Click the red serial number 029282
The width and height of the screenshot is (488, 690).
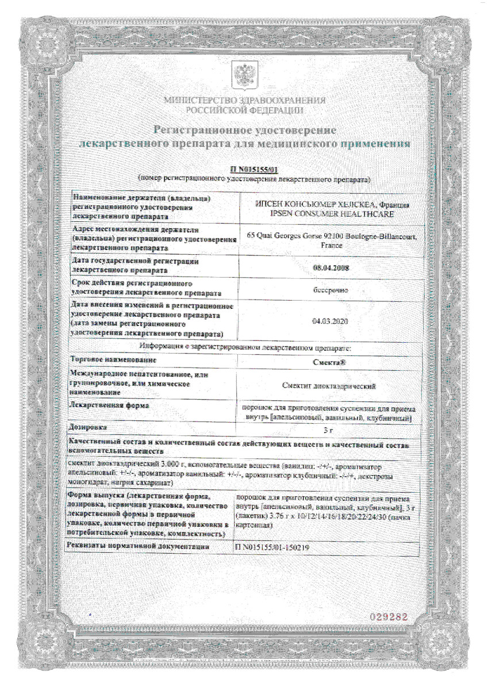tap(389, 616)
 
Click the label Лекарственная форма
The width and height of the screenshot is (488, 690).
tap(105, 406)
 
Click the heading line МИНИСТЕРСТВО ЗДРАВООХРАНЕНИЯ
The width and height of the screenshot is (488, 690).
tap(244, 100)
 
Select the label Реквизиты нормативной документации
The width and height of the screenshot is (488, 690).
tap(138, 547)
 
